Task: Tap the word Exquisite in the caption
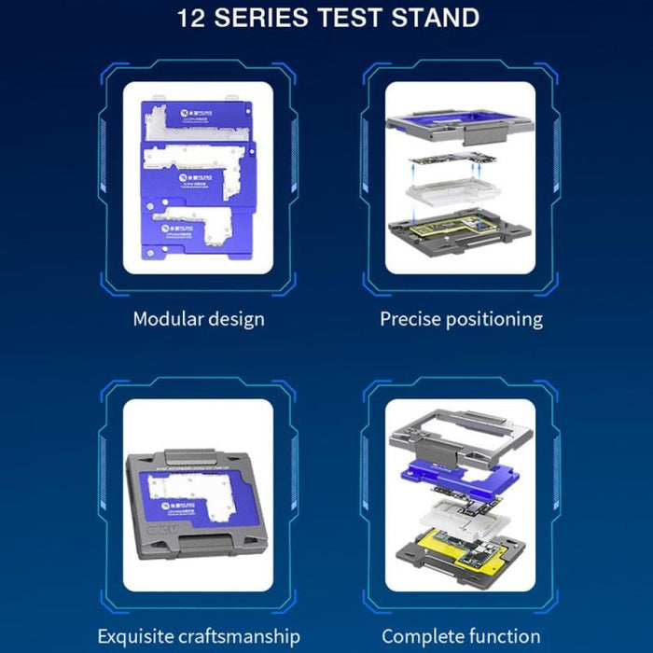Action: tap(141, 637)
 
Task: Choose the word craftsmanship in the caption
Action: tap(244, 637)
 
